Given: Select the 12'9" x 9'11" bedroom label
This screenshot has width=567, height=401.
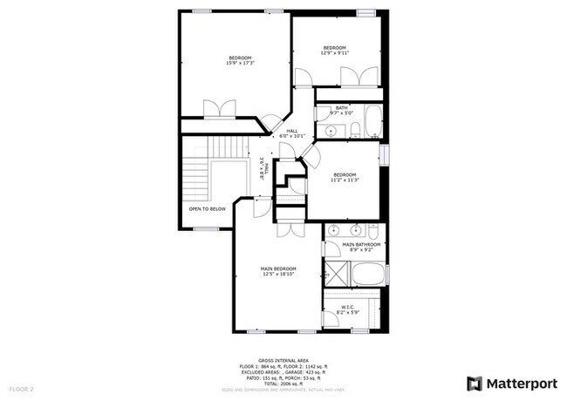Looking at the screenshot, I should coord(335,50).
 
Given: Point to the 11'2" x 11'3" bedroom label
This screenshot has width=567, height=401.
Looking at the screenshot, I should coord(345,178).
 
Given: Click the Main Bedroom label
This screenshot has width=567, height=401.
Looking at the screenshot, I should coord(279,270).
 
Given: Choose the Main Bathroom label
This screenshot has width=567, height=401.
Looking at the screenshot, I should coord(361,247).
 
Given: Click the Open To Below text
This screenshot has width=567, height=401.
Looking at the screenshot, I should coord(207,209).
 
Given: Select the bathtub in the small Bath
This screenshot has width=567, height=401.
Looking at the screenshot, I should coord(372,122).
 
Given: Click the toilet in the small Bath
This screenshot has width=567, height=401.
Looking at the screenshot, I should coord(356,131).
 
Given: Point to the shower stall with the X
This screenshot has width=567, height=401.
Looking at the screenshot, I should coord(338,273).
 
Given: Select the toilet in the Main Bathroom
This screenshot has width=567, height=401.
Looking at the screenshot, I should coord(373,234).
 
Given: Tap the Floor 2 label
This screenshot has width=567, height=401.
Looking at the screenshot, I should coord(21,388).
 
